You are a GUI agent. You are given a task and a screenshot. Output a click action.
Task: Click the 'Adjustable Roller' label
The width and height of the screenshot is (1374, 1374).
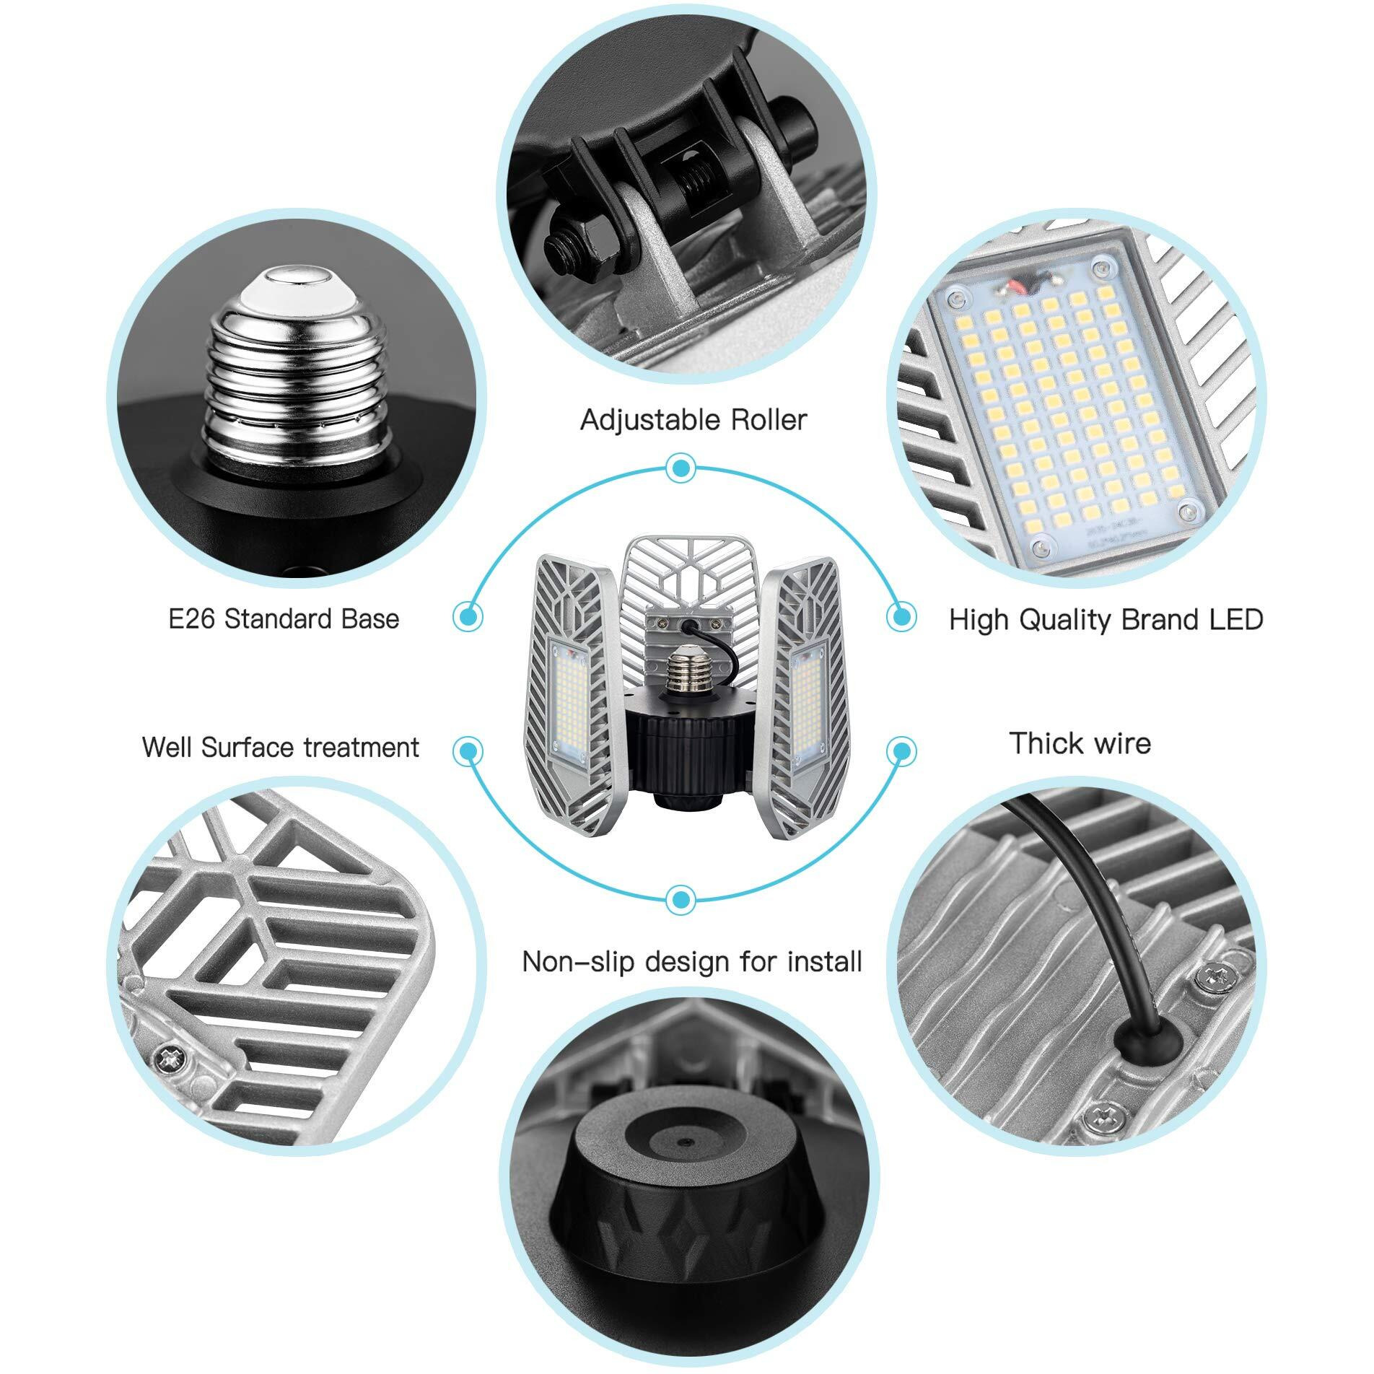coord(693,419)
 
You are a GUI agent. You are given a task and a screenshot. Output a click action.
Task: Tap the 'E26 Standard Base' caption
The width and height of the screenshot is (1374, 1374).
coord(284,618)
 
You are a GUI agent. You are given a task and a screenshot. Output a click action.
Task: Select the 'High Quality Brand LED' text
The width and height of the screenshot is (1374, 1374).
coord(1106,619)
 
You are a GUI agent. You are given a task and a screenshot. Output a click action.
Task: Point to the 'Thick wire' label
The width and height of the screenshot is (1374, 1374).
coord(1080,743)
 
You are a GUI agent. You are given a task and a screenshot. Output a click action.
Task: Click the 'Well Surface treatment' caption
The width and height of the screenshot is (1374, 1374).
coord(280,746)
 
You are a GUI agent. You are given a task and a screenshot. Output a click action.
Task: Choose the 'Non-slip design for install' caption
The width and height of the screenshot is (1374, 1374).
coord(692,961)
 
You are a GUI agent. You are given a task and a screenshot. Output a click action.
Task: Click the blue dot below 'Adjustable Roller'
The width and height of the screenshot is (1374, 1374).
coord(679,469)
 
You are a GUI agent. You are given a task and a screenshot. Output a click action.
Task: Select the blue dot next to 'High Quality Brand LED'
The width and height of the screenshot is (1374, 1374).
coord(901,617)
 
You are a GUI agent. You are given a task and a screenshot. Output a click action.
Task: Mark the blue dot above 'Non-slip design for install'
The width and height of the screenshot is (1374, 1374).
coord(679,899)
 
